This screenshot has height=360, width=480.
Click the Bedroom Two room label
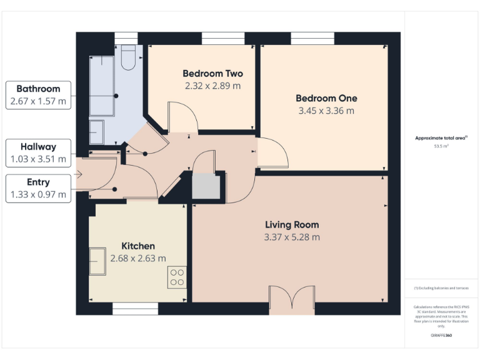tap(212, 74)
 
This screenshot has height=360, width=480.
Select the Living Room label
tap(292, 224)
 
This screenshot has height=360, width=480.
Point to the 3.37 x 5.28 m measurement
tap(292, 237)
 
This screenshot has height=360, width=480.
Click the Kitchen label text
tap(137, 246)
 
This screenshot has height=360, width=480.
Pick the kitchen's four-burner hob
tap(177, 277)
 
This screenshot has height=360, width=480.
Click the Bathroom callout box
tap(38, 94)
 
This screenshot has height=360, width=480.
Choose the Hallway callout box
tap(38, 153)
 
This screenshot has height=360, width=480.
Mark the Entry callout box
tap(38, 189)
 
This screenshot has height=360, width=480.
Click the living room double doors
tap(291, 300)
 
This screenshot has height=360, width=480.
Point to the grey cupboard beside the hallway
tap(206, 187)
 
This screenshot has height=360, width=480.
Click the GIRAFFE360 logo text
tap(441, 336)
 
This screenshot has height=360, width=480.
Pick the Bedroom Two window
tap(222, 38)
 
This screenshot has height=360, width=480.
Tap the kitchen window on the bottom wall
tap(134, 308)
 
